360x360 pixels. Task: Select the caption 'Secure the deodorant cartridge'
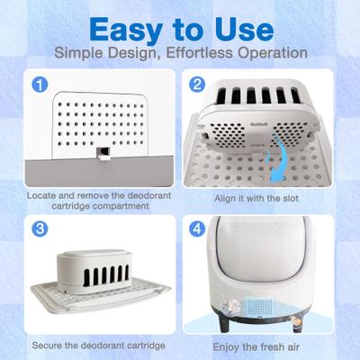[96, 345]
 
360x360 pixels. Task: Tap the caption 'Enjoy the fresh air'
[263, 345]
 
